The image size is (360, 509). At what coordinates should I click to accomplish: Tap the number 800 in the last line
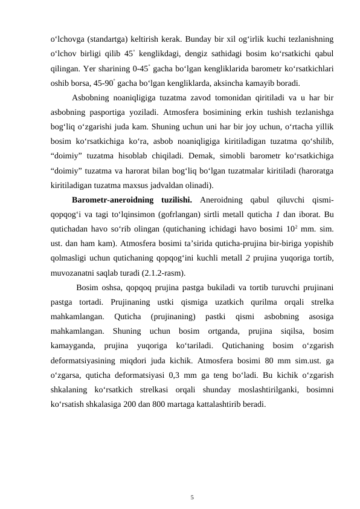pyautogui.click(x=179, y=404)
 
